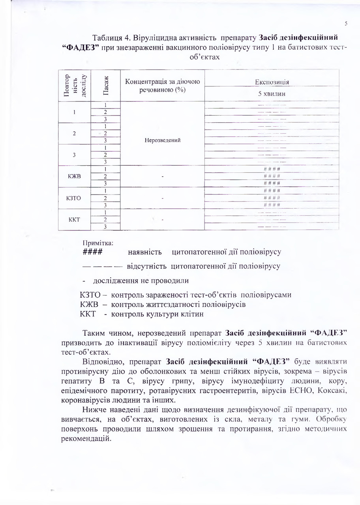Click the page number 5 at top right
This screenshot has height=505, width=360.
(346, 23)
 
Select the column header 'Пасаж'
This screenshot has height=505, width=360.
(106, 86)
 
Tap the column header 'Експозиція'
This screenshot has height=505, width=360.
(272, 82)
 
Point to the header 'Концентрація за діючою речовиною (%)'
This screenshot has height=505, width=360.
(163, 86)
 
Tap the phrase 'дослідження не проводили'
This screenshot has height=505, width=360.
(141, 281)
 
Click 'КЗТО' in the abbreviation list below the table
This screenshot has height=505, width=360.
(91, 295)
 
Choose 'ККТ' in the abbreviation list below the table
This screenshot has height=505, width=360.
(88, 314)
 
